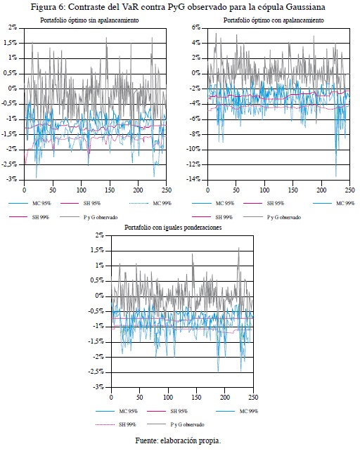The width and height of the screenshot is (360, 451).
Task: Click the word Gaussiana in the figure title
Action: (x=305, y=7)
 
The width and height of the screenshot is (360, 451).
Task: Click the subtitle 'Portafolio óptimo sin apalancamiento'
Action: (x=89, y=20)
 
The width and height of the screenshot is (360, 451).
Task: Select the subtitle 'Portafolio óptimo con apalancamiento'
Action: (x=274, y=20)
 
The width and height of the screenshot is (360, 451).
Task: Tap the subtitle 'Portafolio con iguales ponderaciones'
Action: (x=173, y=227)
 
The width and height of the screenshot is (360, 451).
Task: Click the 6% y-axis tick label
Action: (x=196, y=27)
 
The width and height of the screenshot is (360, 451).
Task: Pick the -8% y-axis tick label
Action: (x=194, y=134)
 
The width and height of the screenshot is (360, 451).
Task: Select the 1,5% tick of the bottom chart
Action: (x=97, y=250)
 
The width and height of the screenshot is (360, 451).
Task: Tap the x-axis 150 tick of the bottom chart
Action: (x=197, y=398)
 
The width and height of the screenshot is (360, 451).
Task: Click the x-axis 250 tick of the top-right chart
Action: (x=350, y=190)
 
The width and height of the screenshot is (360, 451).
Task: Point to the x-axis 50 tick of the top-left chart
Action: (x=53, y=190)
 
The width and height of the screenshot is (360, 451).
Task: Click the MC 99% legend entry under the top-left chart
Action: (x=150, y=203)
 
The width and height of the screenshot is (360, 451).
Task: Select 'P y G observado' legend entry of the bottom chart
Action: (x=176, y=424)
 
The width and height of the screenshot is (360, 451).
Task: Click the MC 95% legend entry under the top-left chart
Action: (x=30, y=203)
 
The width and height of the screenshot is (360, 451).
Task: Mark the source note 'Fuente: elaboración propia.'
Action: (x=178, y=440)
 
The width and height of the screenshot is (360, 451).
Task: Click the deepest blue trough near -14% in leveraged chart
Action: (x=336, y=176)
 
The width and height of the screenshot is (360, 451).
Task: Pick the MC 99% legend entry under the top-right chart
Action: (x=334, y=203)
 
